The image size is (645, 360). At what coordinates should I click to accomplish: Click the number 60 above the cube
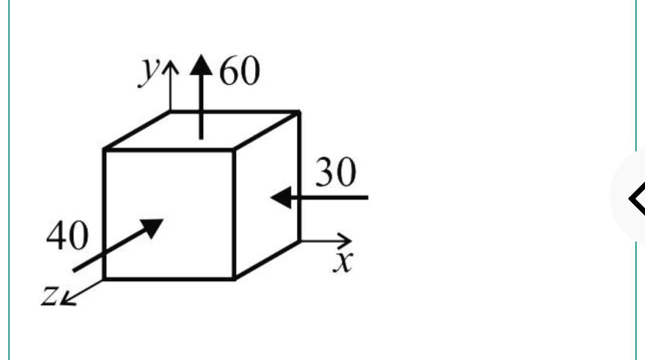240,71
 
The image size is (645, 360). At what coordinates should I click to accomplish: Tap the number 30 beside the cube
336,172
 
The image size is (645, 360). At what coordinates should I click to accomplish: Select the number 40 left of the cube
67,235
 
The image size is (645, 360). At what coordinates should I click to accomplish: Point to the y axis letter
149,72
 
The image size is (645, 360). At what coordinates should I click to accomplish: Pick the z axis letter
50,295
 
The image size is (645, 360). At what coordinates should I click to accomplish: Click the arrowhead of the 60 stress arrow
201,65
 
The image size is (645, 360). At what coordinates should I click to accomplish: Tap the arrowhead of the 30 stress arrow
281,198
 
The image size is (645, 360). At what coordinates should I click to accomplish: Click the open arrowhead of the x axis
345,241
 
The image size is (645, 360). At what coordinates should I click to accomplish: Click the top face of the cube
202,130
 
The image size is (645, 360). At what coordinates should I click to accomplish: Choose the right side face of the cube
267,195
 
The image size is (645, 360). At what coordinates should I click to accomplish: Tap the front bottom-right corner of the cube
234,279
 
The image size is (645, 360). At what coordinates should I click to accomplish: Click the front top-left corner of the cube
104,149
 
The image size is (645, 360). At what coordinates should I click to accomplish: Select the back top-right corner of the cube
299,111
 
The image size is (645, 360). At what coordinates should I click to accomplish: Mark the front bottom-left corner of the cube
104,279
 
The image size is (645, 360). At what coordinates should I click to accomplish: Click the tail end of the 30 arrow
368,198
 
